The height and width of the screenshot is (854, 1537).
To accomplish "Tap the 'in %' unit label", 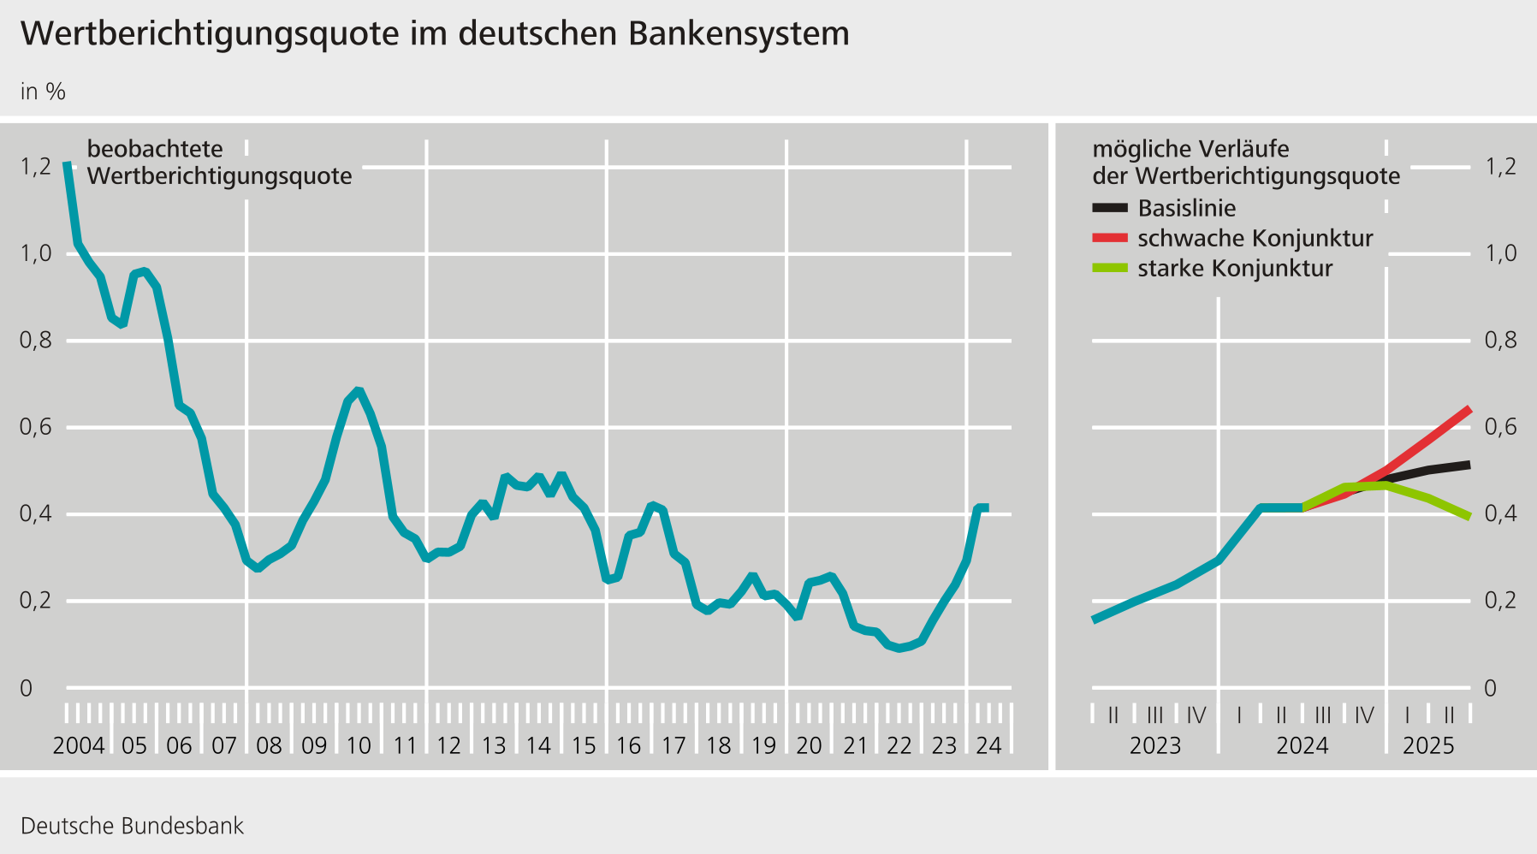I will point(43,92).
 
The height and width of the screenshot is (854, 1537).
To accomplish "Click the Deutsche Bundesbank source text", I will point(132,826).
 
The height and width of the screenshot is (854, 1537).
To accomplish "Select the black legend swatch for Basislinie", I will point(1110,208).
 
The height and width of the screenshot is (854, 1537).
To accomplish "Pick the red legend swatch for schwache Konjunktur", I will point(1110,238).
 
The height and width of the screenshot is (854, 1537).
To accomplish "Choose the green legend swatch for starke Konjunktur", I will point(1110,269).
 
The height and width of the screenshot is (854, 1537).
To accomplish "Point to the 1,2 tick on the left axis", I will point(36,166).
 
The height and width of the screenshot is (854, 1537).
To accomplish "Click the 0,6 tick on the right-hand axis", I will point(1500,426).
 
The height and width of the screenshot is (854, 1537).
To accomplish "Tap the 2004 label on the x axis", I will point(79,745).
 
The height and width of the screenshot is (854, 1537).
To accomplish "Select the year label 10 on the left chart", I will point(359,745).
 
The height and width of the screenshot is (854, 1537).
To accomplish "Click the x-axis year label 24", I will point(988,745).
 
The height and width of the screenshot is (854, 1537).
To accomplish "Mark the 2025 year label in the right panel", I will point(1428,745).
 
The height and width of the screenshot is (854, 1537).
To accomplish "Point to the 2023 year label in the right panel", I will point(1155,745).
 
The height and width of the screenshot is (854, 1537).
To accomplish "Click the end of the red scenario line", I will point(1469,409).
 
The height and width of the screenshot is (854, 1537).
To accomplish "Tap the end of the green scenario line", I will point(1469,517).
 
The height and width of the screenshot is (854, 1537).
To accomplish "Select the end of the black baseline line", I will point(1469,465).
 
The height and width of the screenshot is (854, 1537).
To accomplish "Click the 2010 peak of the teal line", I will point(359,391).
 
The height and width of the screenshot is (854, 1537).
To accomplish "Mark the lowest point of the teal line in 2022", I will point(899,649).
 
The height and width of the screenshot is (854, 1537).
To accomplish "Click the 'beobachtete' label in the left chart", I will point(155,149).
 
